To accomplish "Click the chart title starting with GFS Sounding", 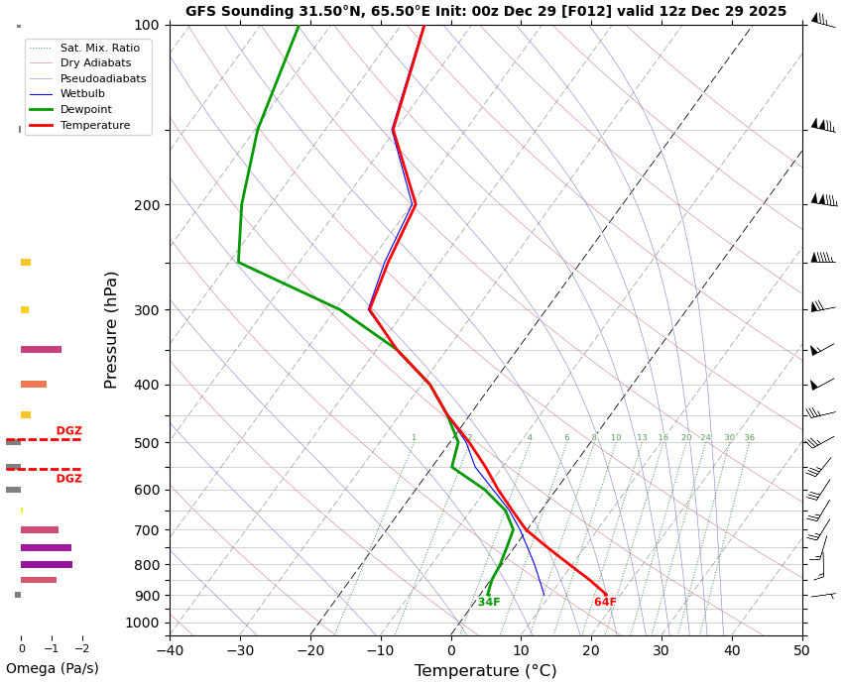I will (486, 12).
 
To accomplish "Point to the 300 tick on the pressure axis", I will (147, 310).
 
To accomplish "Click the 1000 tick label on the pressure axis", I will (143, 623).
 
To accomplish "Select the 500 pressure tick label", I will (147, 443).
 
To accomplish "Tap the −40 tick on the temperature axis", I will (170, 651).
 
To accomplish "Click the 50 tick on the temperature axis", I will (801, 651).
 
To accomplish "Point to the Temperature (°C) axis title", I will (485, 671).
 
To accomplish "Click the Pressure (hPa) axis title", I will (111, 329).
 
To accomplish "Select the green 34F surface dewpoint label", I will (489, 603).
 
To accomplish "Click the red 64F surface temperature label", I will (605, 603).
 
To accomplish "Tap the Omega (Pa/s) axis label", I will (52, 669).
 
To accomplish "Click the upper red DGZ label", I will (68, 431).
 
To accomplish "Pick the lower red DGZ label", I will (68, 479).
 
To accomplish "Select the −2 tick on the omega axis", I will (81, 649).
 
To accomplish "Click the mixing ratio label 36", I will (749, 438).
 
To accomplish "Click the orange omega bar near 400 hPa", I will (34, 385).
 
